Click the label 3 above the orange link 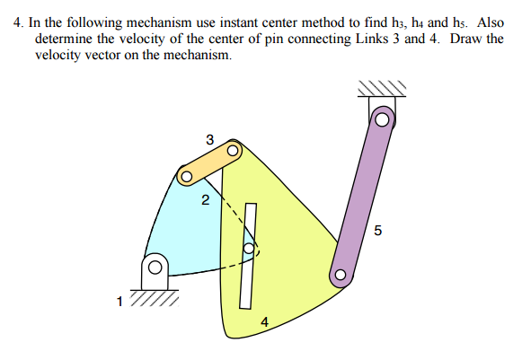[x=209, y=139]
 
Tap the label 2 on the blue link [x=205, y=200]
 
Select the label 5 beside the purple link [x=377, y=232]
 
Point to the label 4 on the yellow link [x=264, y=321]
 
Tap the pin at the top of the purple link [x=383, y=119]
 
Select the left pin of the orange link [x=186, y=176]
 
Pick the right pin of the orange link [x=233, y=152]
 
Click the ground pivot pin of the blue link [x=155, y=267]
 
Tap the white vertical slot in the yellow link [x=248, y=254]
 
